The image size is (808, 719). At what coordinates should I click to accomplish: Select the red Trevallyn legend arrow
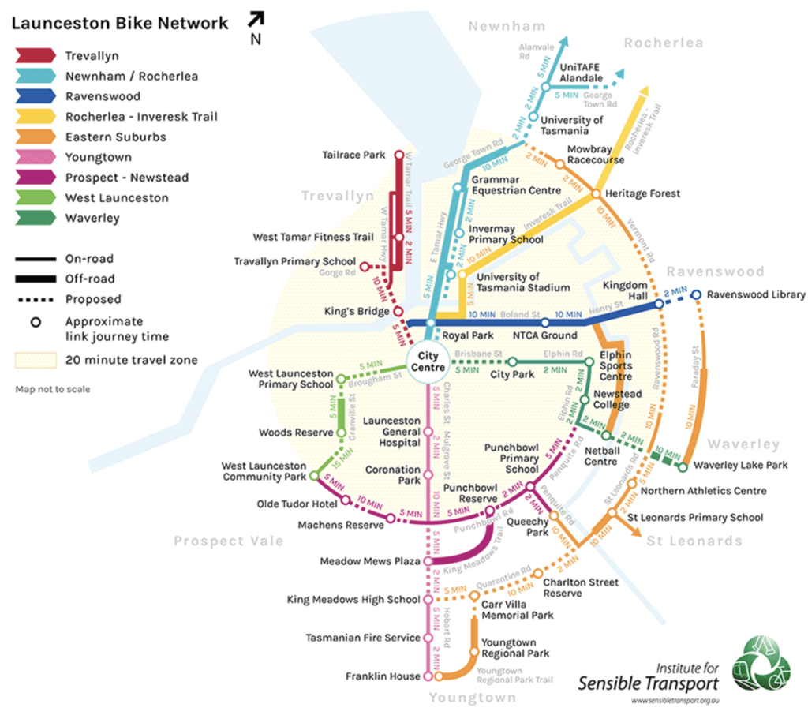[35, 56]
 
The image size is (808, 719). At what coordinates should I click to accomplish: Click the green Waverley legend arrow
[35, 218]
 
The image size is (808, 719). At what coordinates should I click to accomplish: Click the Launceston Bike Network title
[119, 24]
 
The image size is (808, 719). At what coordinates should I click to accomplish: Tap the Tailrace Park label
[354, 155]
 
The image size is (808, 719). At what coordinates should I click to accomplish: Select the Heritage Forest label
[642, 193]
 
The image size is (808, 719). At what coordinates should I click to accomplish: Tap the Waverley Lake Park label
[740, 466]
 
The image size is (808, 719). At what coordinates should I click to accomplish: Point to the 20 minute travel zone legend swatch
[35, 361]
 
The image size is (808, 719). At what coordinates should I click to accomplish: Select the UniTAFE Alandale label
[581, 73]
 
